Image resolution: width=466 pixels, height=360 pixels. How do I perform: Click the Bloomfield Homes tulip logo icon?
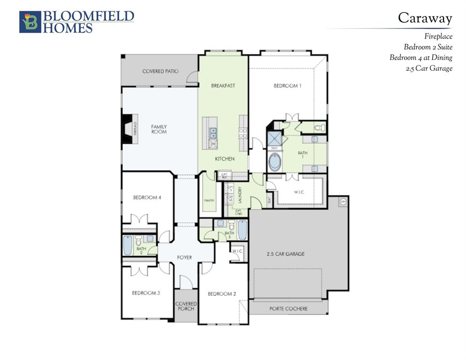click(x=30, y=22)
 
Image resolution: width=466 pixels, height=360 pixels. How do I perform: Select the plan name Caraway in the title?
click(x=425, y=18)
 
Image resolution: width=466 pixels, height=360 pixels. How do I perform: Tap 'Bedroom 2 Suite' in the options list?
click(x=428, y=47)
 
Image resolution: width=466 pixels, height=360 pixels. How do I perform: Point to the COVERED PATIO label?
click(x=160, y=71)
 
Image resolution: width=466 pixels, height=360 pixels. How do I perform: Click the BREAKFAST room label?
click(x=223, y=85)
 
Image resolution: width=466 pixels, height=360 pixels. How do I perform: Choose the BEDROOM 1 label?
click(x=287, y=85)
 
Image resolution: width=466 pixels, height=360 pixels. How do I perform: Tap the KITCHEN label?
click(x=225, y=159)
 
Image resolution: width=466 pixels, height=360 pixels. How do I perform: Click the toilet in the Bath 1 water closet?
click(x=319, y=127)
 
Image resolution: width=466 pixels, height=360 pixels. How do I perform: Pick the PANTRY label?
click(x=209, y=200)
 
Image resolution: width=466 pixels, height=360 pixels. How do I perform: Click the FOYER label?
click(x=185, y=257)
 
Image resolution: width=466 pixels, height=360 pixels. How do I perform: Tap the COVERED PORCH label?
click(x=186, y=306)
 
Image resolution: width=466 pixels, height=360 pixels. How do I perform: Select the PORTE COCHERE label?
click(x=288, y=308)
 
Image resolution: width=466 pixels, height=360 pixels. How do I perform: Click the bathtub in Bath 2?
click(x=128, y=245)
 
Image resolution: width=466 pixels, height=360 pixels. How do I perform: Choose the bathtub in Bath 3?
click(x=241, y=230)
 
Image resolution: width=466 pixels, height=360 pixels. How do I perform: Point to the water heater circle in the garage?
click(x=342, y=202)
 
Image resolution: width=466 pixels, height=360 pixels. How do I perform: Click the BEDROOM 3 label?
click(x=146, y=293)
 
